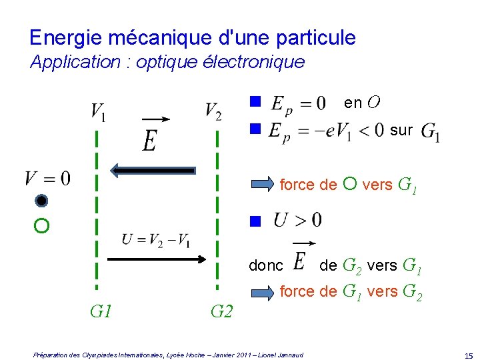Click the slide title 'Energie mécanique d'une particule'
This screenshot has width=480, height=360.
pyautogui.click(x=193, y=37)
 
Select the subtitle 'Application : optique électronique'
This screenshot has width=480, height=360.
pyautogui.click(x=167, y=62)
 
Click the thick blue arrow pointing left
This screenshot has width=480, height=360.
pyautogui.click(x=153, y=171)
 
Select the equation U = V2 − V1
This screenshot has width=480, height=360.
pyautogui.click(x=156, y=239)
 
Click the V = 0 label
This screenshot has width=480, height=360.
pyautogui.click(x=47, y=178)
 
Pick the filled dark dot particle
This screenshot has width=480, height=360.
pyautogui.click(x=41, y=201)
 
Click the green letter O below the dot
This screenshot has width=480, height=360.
pyautogui.click(x=41, y=227)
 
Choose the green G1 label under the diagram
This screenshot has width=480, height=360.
pyautogui.click(x=101, y=311)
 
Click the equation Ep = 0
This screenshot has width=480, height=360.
pyautogui.click(x=297, y=104)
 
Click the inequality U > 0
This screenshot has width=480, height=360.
pyautogui.click(x=297, y=219)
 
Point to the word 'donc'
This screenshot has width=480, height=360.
pyautogui.click(x=265, y=266)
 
